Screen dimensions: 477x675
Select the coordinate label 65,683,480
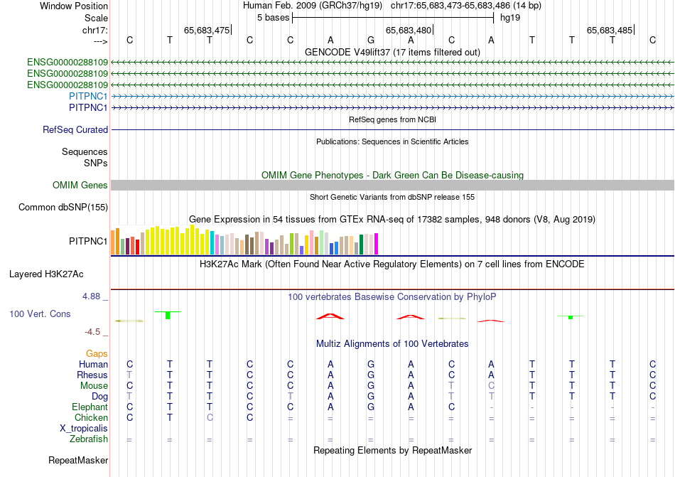pos(409,30)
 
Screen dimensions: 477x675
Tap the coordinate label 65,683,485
pos(610,30)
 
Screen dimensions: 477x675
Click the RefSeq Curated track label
pos(75,130)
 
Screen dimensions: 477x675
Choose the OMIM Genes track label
pos(80,186)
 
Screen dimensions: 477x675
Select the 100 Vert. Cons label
pos(40,313)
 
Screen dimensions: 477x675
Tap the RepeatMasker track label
pos(78,461)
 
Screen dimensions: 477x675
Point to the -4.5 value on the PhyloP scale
pos(93,331)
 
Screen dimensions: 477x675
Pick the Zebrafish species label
pos(90,440)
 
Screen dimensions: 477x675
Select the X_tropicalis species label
pos(84,429)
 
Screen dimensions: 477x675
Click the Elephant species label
pos(90,407)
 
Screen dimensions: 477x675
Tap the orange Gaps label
pos(97,353)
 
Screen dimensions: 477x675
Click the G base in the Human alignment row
pos(371,364)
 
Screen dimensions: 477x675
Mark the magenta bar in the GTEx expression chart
pos(376,244)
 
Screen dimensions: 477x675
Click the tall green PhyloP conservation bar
pos(167,315)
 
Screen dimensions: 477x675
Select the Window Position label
pos(74,6)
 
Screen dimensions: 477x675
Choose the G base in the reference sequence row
pos(371,41)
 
